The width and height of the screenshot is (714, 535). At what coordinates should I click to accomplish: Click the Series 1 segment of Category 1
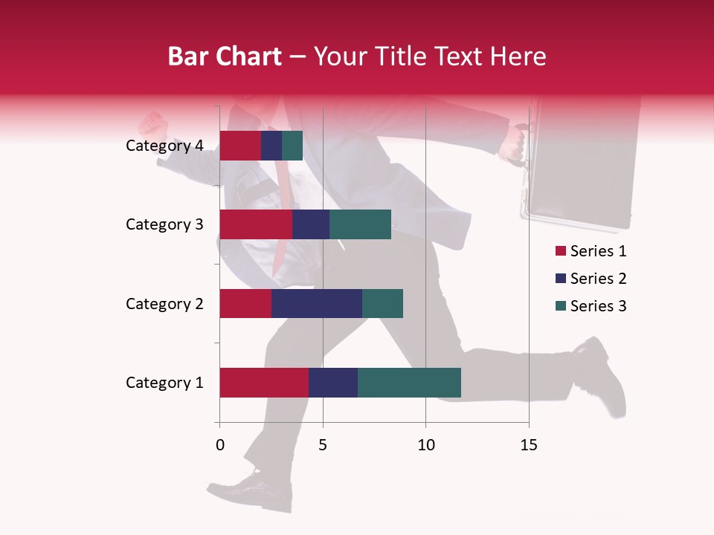pyautogui.click(x=264, y=383)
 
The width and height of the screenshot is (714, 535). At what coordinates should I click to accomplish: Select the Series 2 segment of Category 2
pyautogui.click(x=317, y=303)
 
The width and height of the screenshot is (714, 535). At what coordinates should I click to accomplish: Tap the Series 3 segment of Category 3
pyautogui.click(x=360, y=224)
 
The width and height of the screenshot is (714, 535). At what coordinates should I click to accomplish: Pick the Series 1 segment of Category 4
pyautogui.click(x=240, y=146)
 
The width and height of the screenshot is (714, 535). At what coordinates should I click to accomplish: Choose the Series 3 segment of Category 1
pyautogui.click(x=409, y=383)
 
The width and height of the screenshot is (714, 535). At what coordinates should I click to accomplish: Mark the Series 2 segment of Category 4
pyautogui.click(x=271, y=146)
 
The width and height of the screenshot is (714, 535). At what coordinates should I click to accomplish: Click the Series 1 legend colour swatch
pyautogui.click(x=560, y=251)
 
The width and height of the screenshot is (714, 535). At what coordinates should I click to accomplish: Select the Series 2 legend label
pyautogui.click(x=598, y=279)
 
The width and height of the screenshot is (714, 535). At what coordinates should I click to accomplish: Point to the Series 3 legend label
pyautogui.click(x=598, y=306)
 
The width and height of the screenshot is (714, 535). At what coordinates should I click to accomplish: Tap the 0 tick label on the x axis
pyautogui.click(x=220, y=445)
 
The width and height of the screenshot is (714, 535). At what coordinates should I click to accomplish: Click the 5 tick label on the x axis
pyautogui.click(x=323, y=445)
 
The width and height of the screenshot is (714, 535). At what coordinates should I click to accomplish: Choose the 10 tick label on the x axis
pyautogui.click(x=425, y=445)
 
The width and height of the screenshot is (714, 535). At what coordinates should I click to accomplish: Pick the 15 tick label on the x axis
pyautogui.click(x=528, y=445)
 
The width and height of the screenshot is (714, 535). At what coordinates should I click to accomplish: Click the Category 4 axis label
pyautogui.click(x=164, y=146)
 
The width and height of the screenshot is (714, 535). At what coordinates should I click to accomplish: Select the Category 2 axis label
pyautogui.click(x=164, y=303)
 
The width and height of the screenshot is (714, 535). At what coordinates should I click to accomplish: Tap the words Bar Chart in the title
pyautogui.click(x=225, y=56)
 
